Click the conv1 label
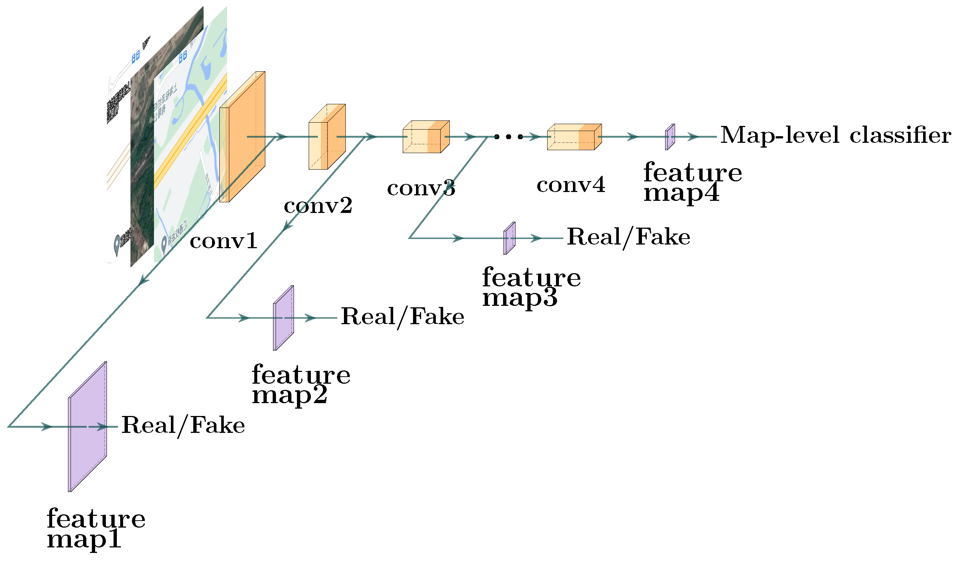[223, 241]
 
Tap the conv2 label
[318, 206]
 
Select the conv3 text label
[421, 188]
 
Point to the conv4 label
[571, 185]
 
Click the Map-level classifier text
[836, 135]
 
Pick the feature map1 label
[96, 528]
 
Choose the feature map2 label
[301, 384]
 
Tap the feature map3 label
[531, 287]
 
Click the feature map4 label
[692, 182]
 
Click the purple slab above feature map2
[284, 318]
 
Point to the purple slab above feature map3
[509, 238]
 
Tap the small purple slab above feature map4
[670, 137]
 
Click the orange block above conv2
[327, 137]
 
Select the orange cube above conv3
[426, 137]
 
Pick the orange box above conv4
[574, 137]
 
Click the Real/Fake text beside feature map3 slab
[628, 238]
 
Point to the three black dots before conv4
[509, 136]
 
